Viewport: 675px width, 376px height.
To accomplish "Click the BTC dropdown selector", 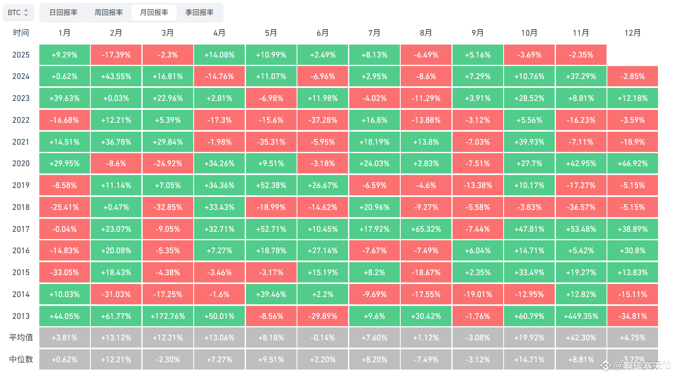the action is [x=18, y=13].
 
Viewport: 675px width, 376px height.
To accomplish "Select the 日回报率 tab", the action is [x=63, y=13].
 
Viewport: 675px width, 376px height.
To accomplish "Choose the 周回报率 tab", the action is [x=109, y=13].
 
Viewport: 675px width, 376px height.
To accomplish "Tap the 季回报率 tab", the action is [x=199, y=13].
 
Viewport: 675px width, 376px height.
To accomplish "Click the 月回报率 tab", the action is [x=154, y=13].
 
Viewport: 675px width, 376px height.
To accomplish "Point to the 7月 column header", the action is [x=374, y=33].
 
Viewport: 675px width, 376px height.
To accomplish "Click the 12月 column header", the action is [x=632, y=33].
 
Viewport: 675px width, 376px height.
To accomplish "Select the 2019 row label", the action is [x=21, y=185].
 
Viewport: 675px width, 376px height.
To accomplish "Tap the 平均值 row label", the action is [x=21, y=338].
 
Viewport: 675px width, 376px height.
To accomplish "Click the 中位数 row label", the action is [x=21, y=359].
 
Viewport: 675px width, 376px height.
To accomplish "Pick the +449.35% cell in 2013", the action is [x=581, y=316].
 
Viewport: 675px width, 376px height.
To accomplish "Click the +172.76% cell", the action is [x=168, y=316].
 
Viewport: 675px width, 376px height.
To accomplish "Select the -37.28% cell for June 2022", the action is [x=323, y=120].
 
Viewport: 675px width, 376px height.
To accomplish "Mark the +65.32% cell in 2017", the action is [x=426, y=229].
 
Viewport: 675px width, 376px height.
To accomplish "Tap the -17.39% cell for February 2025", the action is [x=116, y=55].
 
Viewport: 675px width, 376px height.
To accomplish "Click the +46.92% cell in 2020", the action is [x=632, y=163].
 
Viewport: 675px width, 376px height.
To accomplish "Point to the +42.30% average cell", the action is [x=581, y=338].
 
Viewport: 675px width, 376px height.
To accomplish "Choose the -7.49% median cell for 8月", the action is [x=426, y=359].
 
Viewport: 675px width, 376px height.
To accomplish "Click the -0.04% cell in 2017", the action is [x=64, y=229].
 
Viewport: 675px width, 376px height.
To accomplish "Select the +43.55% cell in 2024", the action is [x=116, y=76].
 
